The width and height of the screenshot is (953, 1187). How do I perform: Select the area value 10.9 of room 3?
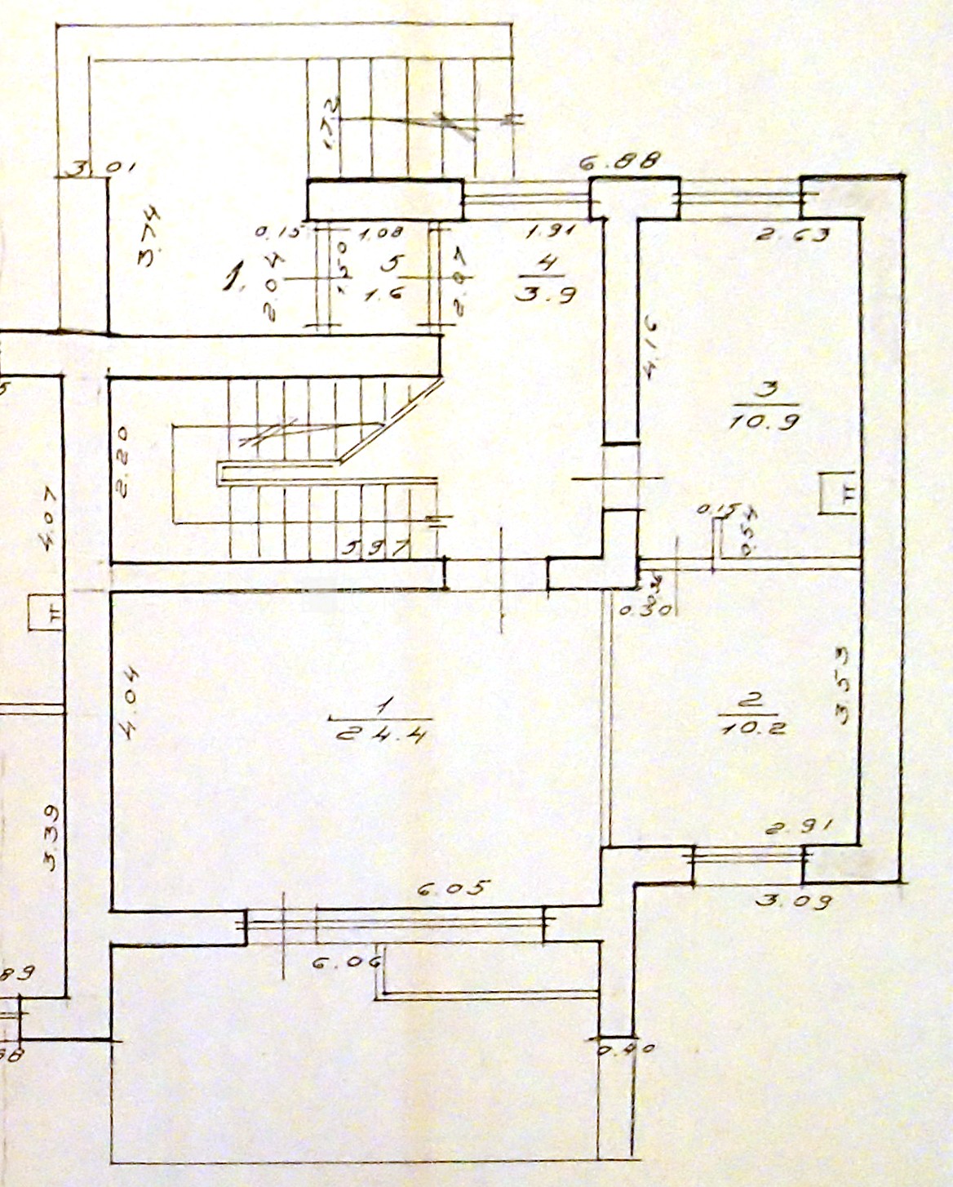tap(765, 421)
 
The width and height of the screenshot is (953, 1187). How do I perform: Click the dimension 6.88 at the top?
tap(620, 162)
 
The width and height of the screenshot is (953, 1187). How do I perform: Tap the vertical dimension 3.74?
tap(150, 237)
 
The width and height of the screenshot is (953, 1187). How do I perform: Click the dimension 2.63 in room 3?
tap(791, 235)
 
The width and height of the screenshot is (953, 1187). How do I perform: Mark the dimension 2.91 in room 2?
tap(799, 828)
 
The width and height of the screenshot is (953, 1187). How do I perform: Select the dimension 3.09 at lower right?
tap(793, 901)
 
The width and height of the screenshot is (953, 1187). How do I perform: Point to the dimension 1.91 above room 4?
tap(552, 232)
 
